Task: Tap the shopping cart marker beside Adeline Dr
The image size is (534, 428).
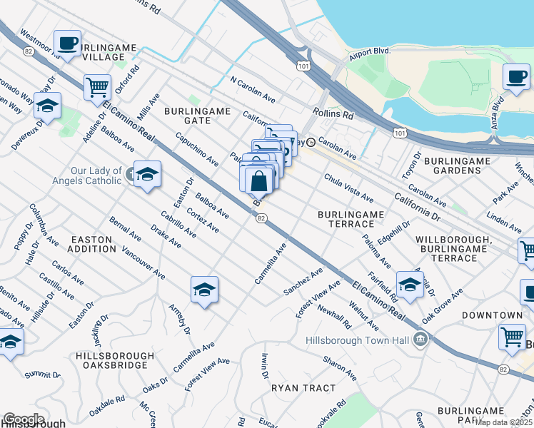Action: (x=97, y=88)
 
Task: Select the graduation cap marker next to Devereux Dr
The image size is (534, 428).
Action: (x=47, y=106)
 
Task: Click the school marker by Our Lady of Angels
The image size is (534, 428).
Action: (x=147, y=174)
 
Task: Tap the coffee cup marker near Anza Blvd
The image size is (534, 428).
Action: (x=516, y=76)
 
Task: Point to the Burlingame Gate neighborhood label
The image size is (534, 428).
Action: (x=197, y=116)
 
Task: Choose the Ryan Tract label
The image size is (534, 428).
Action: (x=303, y=388)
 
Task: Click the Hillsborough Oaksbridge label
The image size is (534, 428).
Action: (x=114, y=361)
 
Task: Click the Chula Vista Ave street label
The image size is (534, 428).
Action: (x=348, y=188)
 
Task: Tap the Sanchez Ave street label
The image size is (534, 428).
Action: (x=303, y=282)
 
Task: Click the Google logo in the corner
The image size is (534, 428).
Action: (x=23, y=419)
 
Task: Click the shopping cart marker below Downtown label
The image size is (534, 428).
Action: (x=512, y=337)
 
